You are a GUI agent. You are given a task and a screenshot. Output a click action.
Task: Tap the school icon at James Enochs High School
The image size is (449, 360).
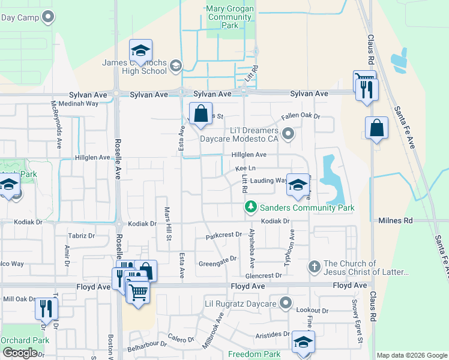pyautogui.click(x=140, y=50)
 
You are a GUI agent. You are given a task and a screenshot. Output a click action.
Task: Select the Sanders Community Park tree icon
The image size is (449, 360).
pyautogui.click(x=251, y=207)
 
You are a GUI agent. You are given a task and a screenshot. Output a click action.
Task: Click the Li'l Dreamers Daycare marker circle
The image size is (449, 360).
pyautogui.click(x=288, y=134)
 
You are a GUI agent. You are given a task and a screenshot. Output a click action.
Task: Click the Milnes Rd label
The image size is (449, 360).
pyautogui.click(x=396, y=221)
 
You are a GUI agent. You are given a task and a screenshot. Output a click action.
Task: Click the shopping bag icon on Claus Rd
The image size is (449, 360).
pyautogui.click(x=376, y=127)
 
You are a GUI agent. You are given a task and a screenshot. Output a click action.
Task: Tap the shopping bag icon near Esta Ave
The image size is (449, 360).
pyautogui.click(x=200, y=113)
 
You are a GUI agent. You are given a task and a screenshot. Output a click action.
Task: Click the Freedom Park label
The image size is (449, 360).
pyautogui.click(x=254, y=354)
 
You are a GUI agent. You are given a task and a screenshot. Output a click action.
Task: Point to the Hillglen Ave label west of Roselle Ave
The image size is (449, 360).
pyautogui.click(x=92, y=157)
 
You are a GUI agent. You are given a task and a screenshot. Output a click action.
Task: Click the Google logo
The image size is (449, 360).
pyautogui.click(x=20, y=353)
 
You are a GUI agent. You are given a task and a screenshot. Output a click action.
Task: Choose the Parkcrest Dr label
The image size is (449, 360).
pyautogui.click(x=223, y=235)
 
